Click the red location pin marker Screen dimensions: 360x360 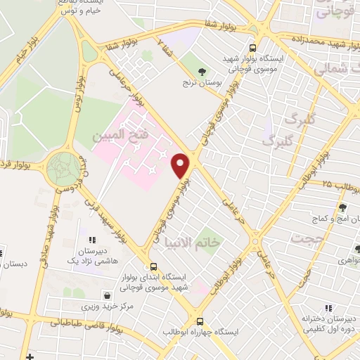(x=181, y=165)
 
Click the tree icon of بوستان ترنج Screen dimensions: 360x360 (x=202, y=72)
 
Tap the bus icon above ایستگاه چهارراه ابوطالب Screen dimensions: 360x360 (x=200, y=320)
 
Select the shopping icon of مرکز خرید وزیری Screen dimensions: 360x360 (x=106, y=296)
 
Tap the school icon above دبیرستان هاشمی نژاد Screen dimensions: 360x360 (x=92, y=240)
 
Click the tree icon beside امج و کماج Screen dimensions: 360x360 (x=342, y=207)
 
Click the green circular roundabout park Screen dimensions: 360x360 (x=64, y=169)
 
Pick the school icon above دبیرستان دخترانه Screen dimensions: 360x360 (x=328, y=307)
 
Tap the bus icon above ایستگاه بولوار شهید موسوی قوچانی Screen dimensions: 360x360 (x=252, y=48)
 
